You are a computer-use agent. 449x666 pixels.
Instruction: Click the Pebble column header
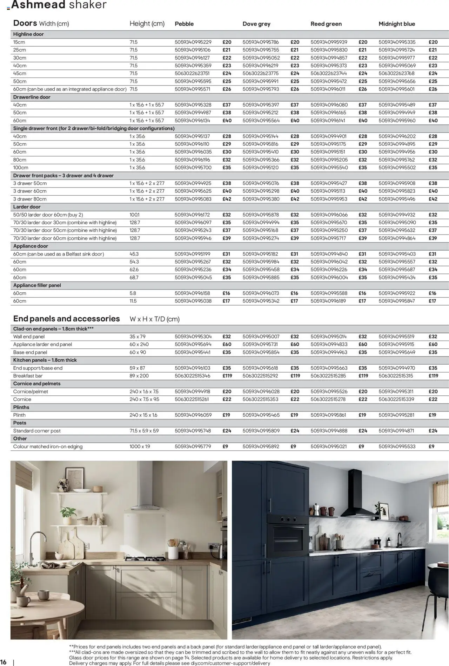[184, 24]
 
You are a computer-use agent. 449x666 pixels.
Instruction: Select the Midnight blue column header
[396, 24]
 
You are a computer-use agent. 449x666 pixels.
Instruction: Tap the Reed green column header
[326, 24]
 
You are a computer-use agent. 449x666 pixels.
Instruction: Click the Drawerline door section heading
[32, 97]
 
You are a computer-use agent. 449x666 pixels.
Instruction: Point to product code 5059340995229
[193, 42]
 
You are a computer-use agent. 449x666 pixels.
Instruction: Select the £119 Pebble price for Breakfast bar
[227, 376]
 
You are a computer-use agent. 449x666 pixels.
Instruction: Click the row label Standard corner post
[37, 431]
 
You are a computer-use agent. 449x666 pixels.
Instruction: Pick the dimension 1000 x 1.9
[140, 447]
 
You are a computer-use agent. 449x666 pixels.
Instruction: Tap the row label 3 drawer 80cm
[30, 199]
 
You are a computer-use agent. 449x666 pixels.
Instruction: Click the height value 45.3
[134, 254]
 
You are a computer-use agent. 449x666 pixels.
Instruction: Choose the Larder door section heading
[27, 207]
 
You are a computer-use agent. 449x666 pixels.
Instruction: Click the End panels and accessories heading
[67, 319]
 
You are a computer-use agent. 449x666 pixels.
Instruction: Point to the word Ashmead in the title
[38, 5]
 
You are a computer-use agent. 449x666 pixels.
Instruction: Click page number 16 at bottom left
[4, 662]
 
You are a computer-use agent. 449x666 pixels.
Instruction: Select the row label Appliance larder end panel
[42, 345]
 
